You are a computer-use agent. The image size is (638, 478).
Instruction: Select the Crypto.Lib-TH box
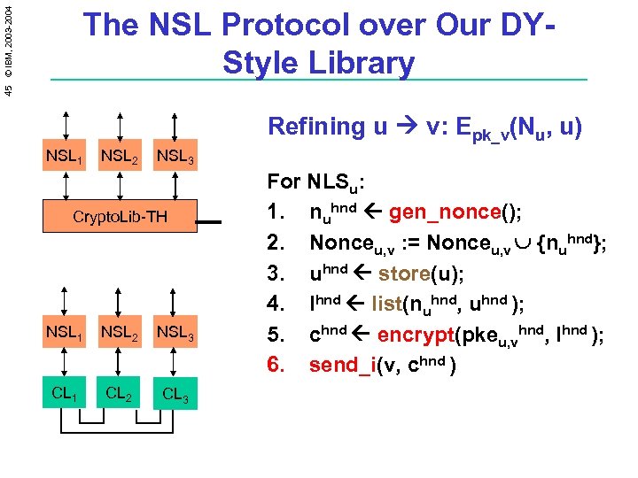point(120,217)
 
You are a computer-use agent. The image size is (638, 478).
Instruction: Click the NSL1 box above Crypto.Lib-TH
point(64,158)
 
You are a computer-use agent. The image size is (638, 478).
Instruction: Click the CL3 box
point(176,391)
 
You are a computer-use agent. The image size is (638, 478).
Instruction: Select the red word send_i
point(341,365)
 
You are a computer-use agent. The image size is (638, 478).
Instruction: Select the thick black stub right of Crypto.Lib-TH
point(209,223)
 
